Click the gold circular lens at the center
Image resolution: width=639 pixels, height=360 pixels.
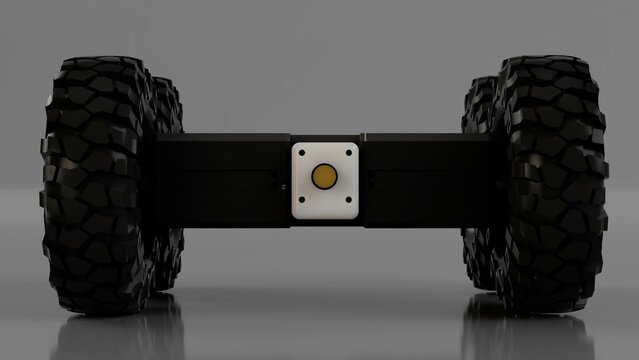pos(323,177)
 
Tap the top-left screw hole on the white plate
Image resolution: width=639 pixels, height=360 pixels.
pos(302,154)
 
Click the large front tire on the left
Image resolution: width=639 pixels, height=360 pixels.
pos(95,185)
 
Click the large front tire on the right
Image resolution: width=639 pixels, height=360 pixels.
pos(550,185)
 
